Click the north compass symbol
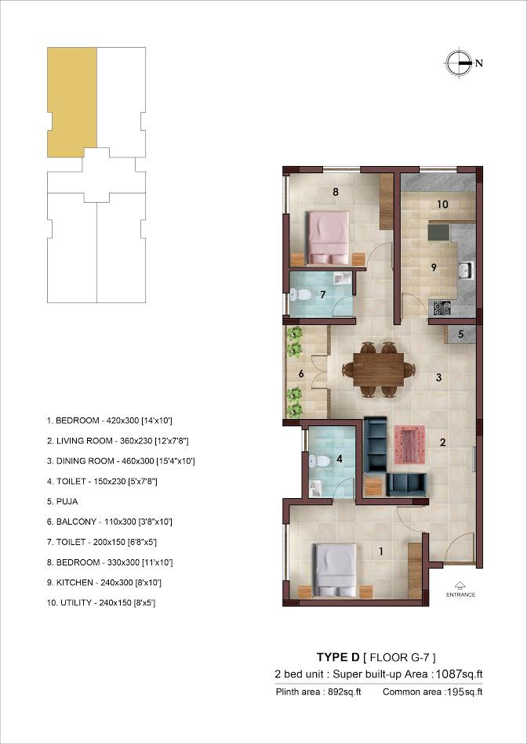(x=460, y=63)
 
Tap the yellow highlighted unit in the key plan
(x=72, y=102)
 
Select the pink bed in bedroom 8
(x=328, y=238)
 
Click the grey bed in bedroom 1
(x=335, y=571)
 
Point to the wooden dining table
(x=379, y=369)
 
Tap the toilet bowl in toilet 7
(x=300, y=294)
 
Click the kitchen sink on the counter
(x=465, y=270)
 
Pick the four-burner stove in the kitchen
(x=441, y=309)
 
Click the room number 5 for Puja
(x=460, y=334)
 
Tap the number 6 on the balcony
(x=301, y=374)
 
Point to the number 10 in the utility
(x=442, y=204)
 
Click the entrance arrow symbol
(x=460, y=585)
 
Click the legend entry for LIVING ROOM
(x=118, y=441)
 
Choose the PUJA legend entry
(x=62, y=501)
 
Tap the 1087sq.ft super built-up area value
(x=460, y=674)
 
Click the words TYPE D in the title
(x=338, y=657)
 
